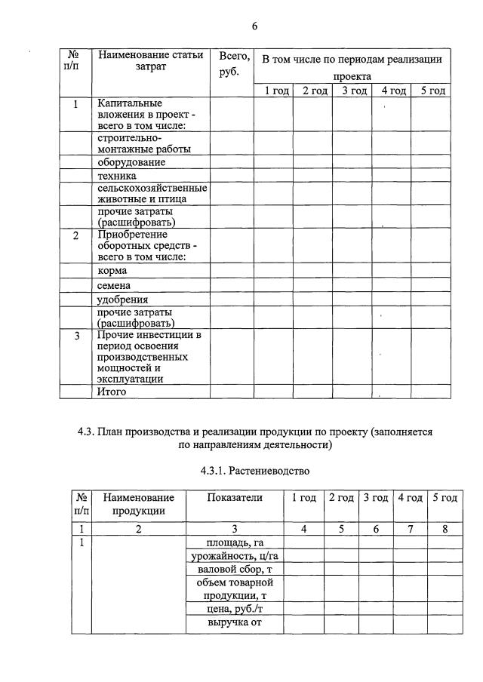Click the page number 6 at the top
(x=254, y=27)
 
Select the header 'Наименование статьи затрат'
(x=150, y=61)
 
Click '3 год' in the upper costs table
(x=352, y=91)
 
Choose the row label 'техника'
(x=117, y=176)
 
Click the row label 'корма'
(x=112, y=270)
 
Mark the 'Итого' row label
(x=112, y=392)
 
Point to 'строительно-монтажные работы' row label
(x=143, y=143)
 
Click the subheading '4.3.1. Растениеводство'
(x=255, y=471)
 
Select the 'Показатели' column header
(x=234, y=498)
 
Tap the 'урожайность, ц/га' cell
(x=234, y=557)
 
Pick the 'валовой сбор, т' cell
(x=234, y=570)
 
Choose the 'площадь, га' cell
(x=234, y=542)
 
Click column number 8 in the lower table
(x=445, y=529)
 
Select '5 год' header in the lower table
(x=445, y=498)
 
